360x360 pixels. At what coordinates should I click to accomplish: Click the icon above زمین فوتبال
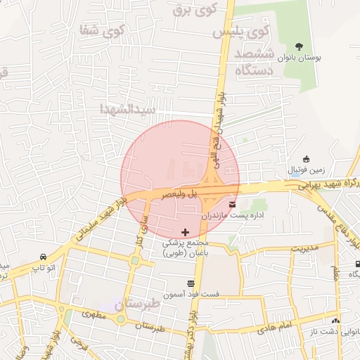tap(305, 160)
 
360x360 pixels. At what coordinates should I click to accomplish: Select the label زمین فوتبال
tap(306, 171)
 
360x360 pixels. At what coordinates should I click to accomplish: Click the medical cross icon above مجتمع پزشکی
tap(185, 231)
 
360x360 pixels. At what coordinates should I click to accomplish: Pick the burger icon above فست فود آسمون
tap(191, 283)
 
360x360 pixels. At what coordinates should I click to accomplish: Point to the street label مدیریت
tap(305, 248)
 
